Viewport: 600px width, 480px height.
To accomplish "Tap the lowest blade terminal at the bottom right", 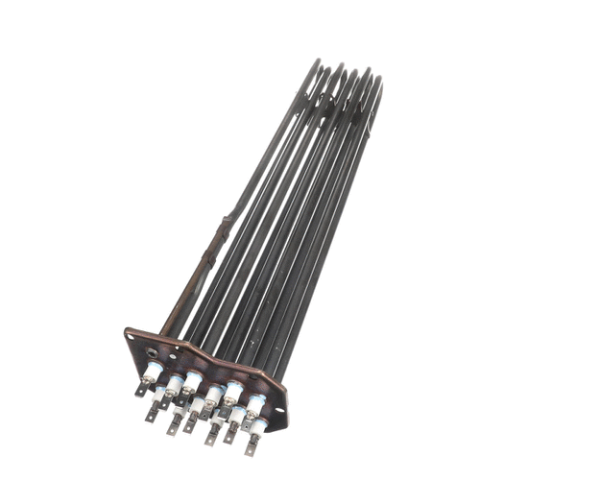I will click(252, 447).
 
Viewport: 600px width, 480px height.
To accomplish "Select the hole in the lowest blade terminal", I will click(251, 449).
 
